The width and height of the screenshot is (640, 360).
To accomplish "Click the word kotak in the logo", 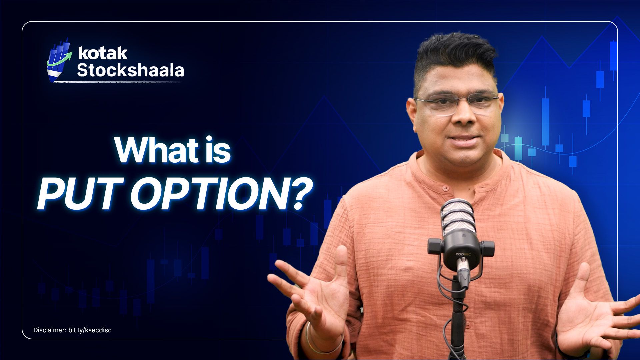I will click(x=102, y=53).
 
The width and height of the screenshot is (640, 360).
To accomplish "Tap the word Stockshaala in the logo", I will click(x=130, y=70).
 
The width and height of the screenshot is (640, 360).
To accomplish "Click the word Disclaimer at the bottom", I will click(x=49, y=330).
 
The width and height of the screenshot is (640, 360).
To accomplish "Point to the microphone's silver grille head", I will click(x=457, y=217).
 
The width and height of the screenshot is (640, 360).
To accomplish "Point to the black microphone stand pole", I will click(x=458, y=320).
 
